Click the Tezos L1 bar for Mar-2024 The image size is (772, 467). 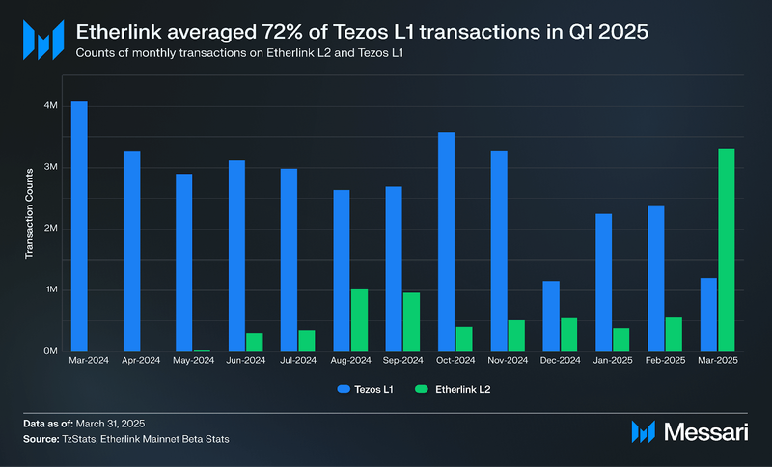pos(79,226)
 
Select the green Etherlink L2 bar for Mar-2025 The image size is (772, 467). pos(727,250)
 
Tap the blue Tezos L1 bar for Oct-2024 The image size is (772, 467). pos(446,241)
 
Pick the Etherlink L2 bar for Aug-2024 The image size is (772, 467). pos(359,320)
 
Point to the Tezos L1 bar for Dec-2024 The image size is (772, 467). pos(550,316)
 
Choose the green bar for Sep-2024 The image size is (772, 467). pos(411,322)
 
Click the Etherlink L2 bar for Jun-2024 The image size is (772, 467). pos(254,342)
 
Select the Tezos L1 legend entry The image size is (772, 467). pos(365,389)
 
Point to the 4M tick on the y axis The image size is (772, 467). pos(52,105)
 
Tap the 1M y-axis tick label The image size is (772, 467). pos(52,289)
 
